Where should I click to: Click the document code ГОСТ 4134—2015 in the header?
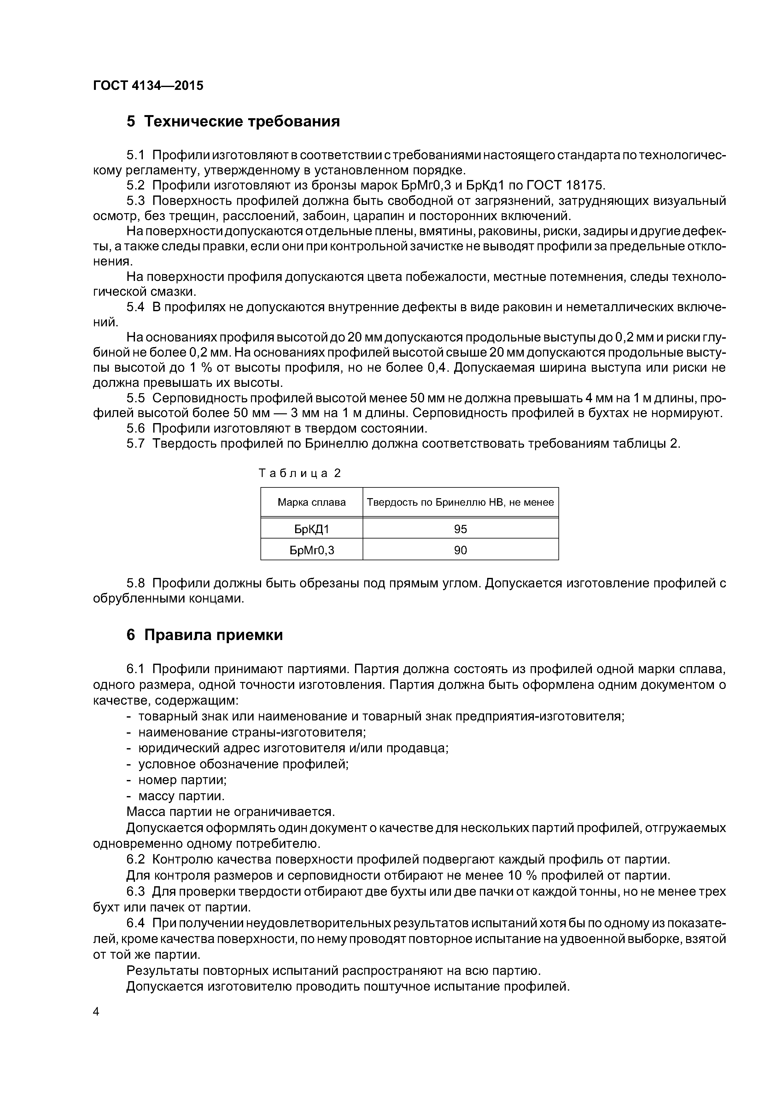pos(148,86)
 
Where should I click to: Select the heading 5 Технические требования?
pos(233,121)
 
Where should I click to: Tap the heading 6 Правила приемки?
pos(204,635)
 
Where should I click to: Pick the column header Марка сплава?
pos(311,503)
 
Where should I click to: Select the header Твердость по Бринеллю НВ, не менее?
pos(460,503)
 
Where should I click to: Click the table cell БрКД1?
pos(311,529)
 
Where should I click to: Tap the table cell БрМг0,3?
pos(311,550)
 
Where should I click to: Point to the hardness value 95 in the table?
pos(460,529)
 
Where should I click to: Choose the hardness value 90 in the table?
pos(460,550)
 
